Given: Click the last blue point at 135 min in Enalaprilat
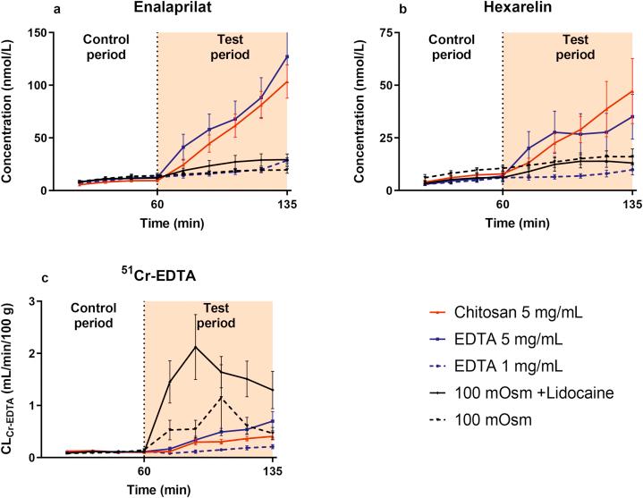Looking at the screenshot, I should [x=288, y=57].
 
